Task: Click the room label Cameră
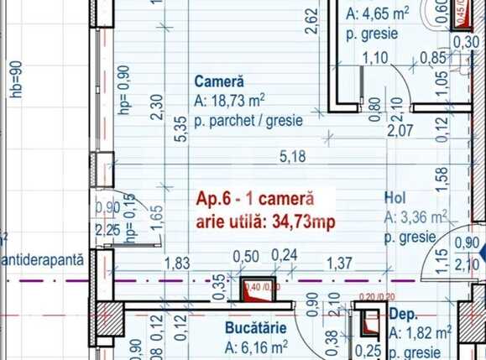(218, 83)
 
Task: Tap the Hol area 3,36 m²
(421, 217)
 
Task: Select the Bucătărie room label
(256, 327)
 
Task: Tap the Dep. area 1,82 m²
(428, 332)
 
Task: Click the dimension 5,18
(291, 156)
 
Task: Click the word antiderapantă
(44, 260)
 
